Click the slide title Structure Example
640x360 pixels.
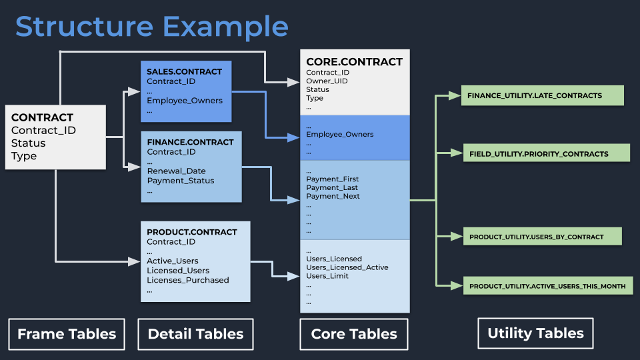pyautogui.click(x=152, y=27)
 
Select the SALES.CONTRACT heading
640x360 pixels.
pyautogui.click(x=185, y=71)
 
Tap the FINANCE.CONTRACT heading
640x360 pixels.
pyautogui.click(x=190, y=142)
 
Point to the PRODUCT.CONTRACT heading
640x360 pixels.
pyautogui.click(x=192, y=232)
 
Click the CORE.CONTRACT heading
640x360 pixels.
pyautogui.click(x=354, y=62)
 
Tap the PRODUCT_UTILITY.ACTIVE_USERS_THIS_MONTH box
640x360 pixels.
pyautogui.click(x=547, y=286)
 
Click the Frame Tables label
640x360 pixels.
pyautogui.click(x=67, y=334)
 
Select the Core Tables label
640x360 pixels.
pyautogui.click(x=354, y=334)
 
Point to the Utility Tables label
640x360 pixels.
pyautogui.click(x=535, y=333)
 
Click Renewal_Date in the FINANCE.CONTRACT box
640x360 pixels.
pyautogui.click(x=176, y=171)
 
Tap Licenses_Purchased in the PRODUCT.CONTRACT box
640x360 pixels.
pyautogui.click(x=187, y=280)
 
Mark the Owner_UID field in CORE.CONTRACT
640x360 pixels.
pyautogui.click(x=327, y=81)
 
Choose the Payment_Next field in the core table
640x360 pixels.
pyautogui.click(x=333, y=196)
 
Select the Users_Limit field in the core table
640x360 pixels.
pyautogui.click(x=327, y=276)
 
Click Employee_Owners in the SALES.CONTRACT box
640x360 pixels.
pyautogui.click(x=185, y=101)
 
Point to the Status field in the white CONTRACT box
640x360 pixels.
pyautogui.click(x=29, y=143)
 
